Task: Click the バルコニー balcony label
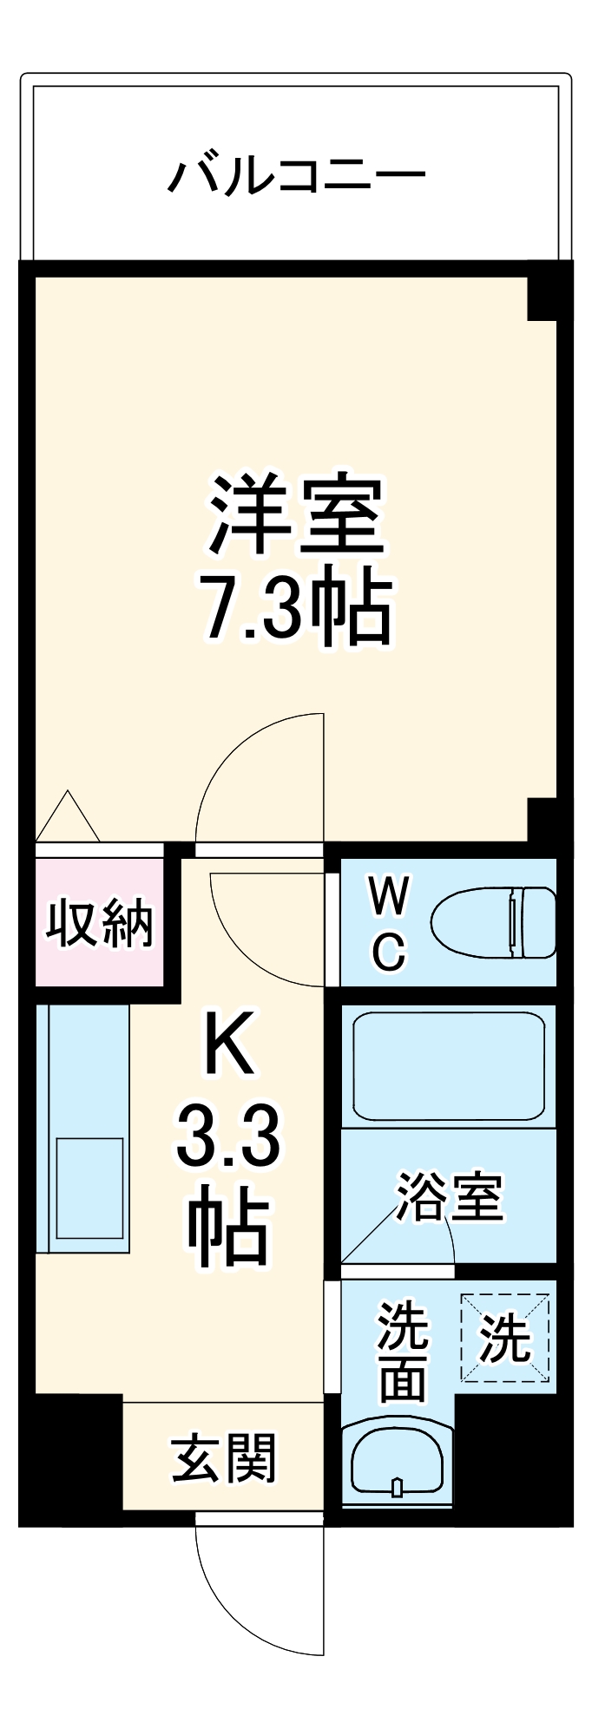296,175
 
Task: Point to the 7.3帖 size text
295,606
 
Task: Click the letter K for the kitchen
228,1046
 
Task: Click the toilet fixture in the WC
493,922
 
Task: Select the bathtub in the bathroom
448,1066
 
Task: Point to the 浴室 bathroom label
450,1197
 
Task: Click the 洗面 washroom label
402,1350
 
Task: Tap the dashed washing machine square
505,1337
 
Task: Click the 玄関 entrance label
223,1458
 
